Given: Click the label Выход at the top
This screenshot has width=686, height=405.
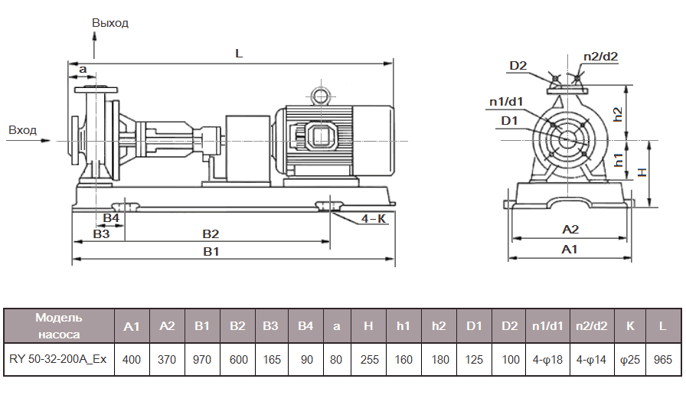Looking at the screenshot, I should tap(110, 23).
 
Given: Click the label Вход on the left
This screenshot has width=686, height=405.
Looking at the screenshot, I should tap(22, 130).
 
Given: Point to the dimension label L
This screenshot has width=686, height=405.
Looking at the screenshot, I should tap(239, 54).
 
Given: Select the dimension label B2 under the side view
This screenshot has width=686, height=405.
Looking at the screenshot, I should tap(211, 234).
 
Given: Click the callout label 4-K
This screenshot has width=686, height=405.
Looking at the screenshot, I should tap(374, 219).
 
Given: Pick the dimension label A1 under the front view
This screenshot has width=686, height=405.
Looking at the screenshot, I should tap(569, 250).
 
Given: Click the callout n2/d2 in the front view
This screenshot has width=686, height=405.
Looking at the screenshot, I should tap(600, 56).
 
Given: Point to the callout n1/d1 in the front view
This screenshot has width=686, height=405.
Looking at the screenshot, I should tap(506, 101).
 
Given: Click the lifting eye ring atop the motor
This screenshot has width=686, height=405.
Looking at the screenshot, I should tap(318, 96).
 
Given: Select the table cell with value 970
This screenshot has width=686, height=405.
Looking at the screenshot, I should tap(202, 359).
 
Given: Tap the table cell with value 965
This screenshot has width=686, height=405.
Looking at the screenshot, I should tap(663, 359).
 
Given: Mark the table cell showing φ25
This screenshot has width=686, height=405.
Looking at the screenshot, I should tap(630, 359).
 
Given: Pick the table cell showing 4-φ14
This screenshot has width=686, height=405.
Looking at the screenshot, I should tap(591, 359).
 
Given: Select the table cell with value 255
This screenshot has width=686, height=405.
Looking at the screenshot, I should tap(369, 359).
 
